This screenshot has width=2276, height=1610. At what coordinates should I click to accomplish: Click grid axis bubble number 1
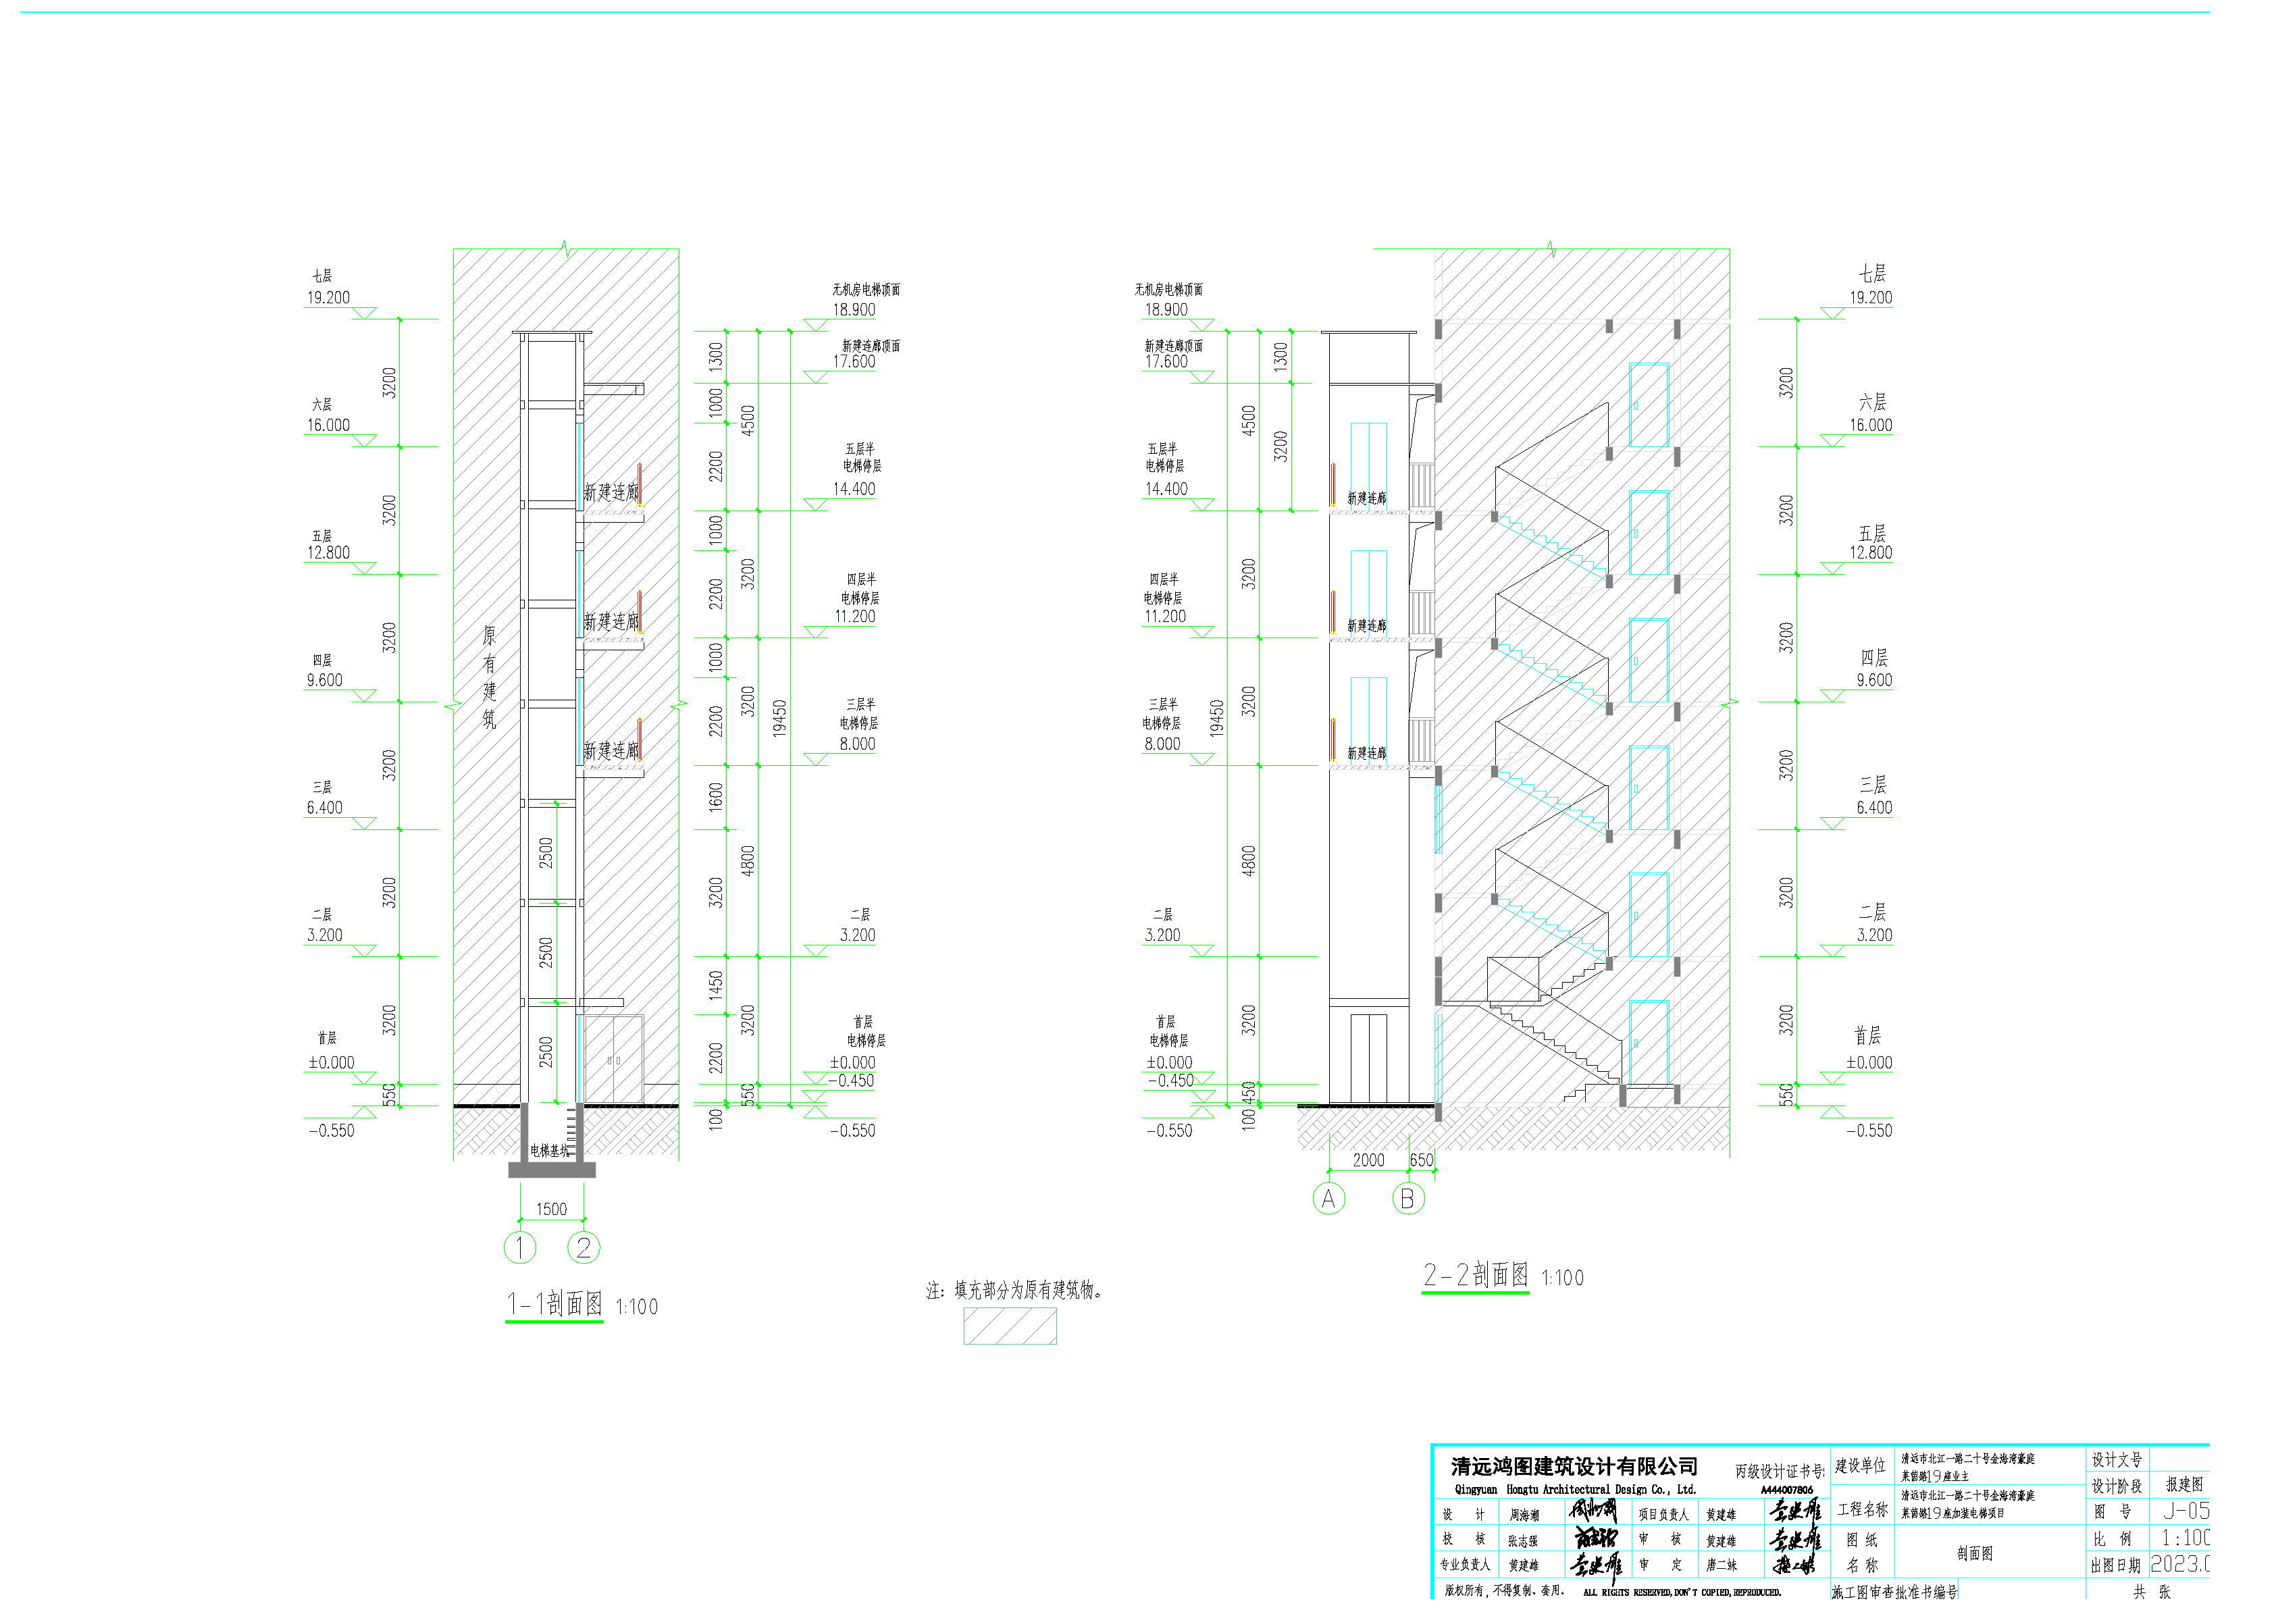[x=519, y=1247]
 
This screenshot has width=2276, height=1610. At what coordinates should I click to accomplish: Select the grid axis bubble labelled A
[x=1328, y=1199]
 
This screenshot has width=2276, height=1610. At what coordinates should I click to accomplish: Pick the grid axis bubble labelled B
[x=1407, y=1199]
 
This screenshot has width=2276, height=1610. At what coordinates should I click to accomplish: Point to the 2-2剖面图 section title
[x=1475, y=1275]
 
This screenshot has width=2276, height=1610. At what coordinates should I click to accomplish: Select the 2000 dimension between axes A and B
[x=1368, y=1160]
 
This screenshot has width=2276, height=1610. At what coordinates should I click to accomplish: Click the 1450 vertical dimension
[x=716, y=985]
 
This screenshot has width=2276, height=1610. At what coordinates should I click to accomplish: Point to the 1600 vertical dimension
[x=716, y=797]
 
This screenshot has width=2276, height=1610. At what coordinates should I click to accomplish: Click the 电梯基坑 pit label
[x=550, y=1151]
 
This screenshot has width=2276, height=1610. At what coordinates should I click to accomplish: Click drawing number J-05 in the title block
[x=2185, y=1511]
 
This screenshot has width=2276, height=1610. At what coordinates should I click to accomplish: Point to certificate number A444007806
[x=1786, y=1490]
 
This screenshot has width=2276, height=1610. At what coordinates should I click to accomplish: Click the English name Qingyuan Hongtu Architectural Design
[x=1575, y=1489]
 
